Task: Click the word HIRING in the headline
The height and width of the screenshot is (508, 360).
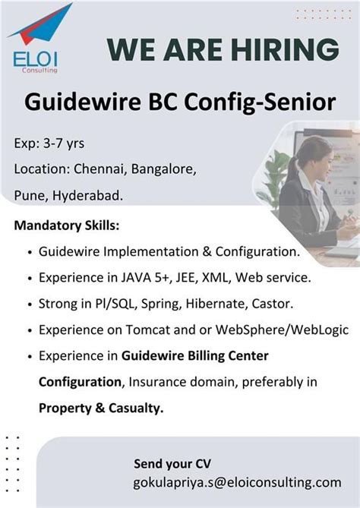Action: point(287,49)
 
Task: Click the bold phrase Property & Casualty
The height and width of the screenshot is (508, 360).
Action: point(101,408)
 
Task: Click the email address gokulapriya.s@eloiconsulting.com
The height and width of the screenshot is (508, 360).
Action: point(238,482)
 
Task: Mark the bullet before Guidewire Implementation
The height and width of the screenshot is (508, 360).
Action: point(29,252)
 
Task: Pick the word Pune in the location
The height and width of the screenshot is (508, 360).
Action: point(29,195)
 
